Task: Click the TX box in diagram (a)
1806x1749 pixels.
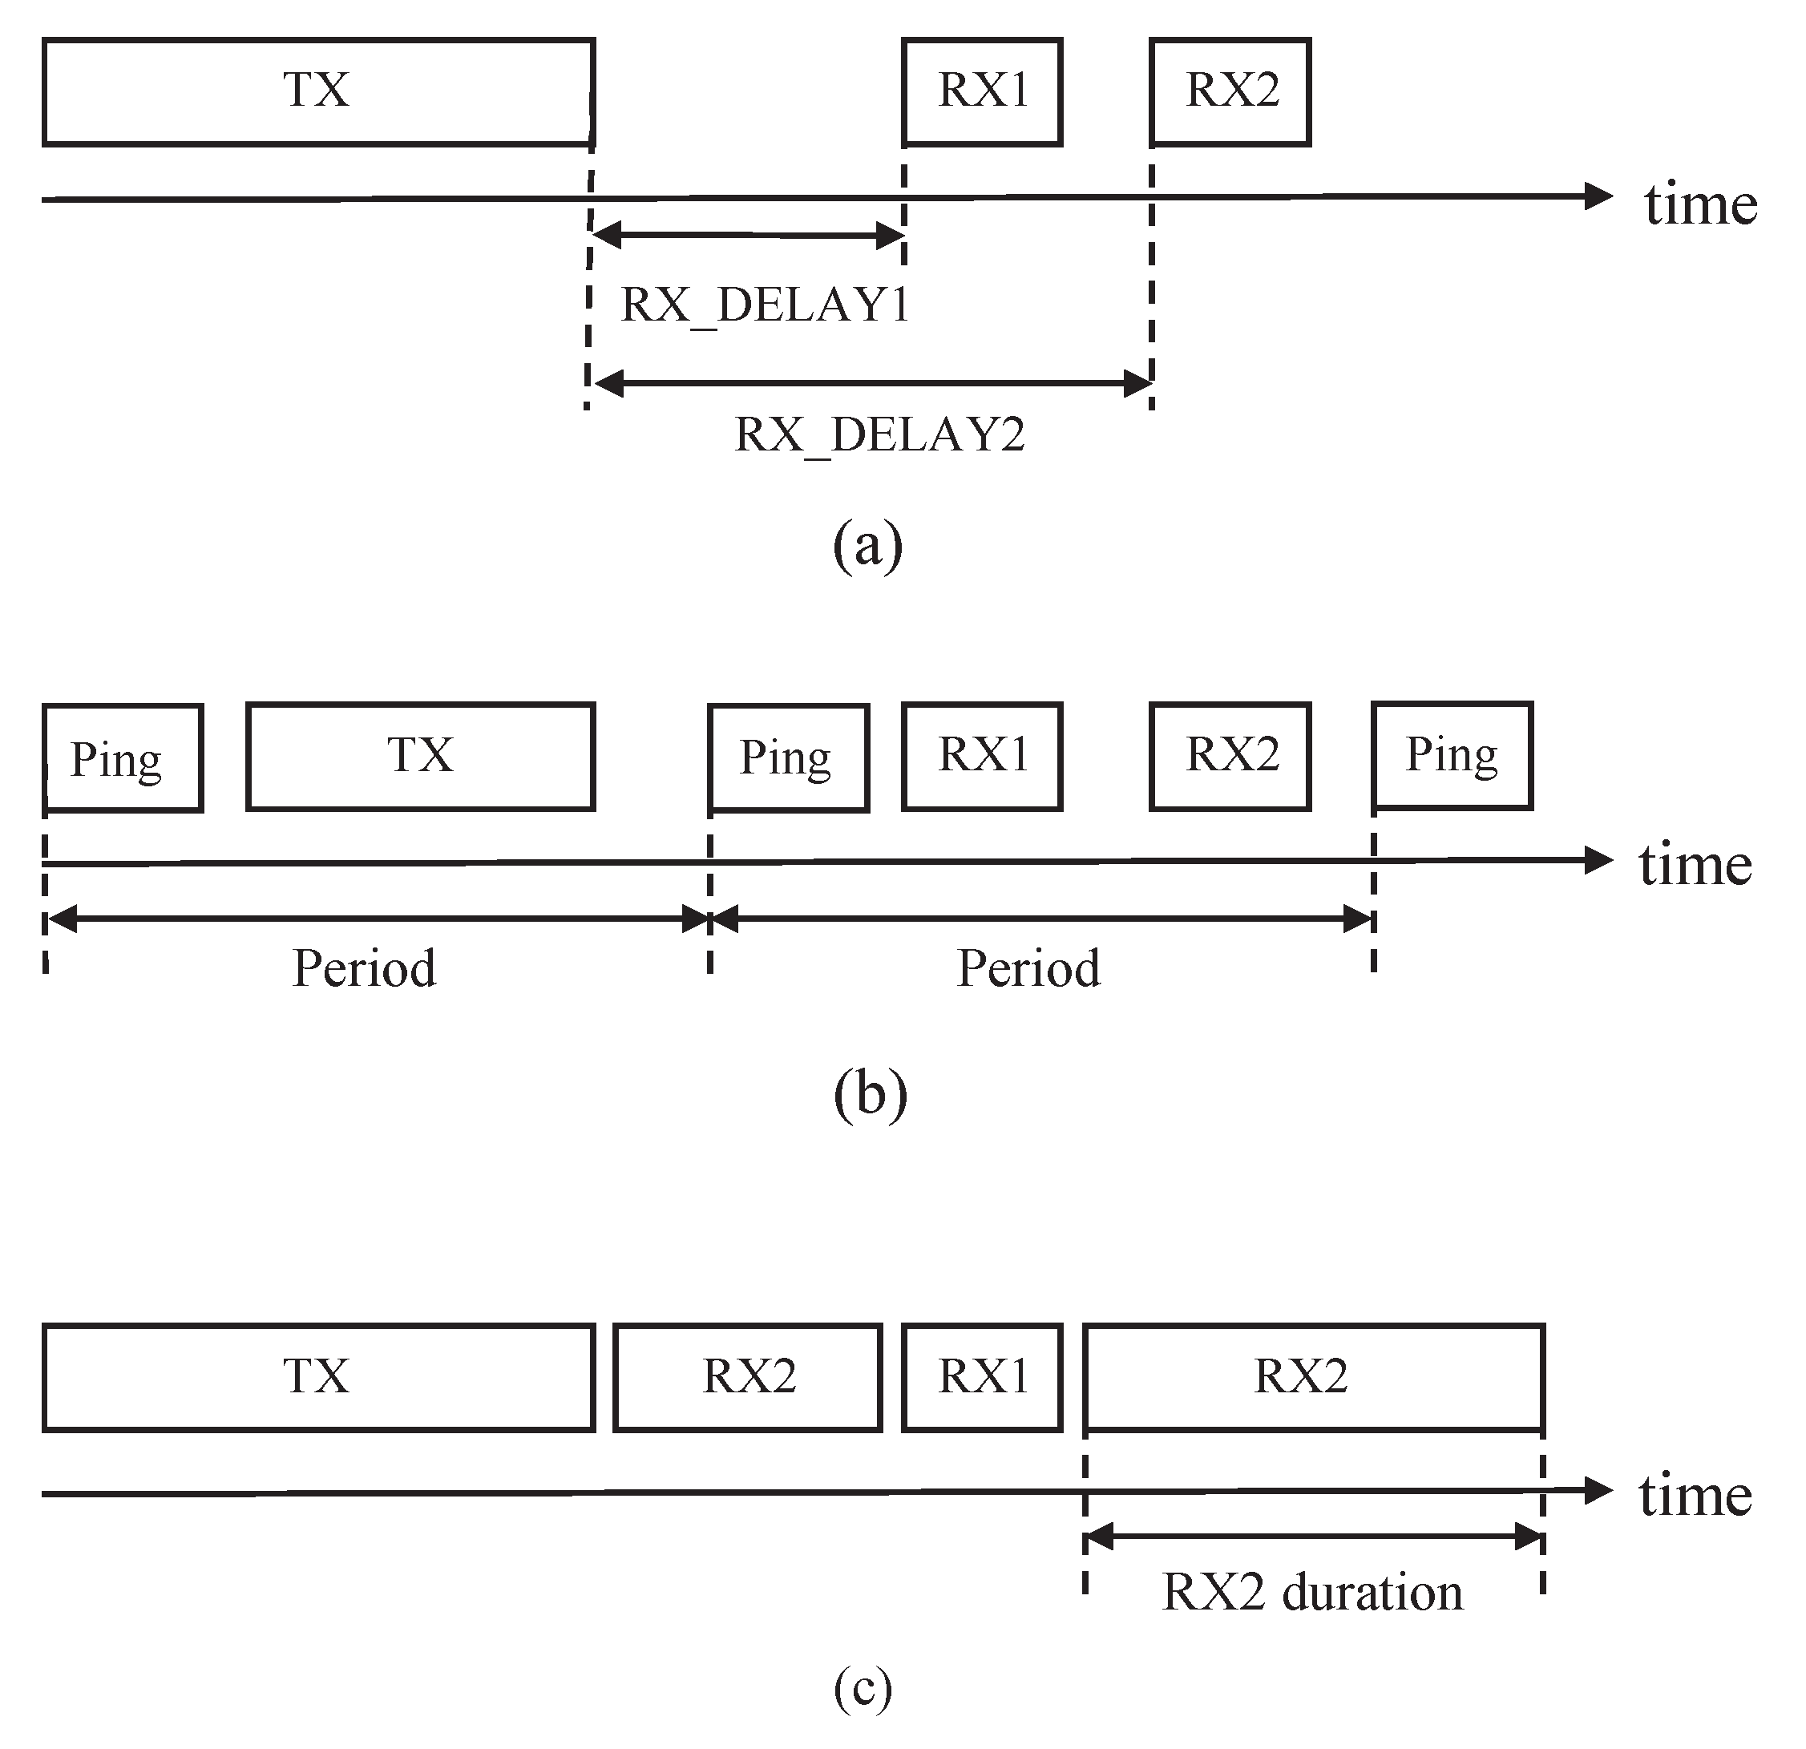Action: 318,92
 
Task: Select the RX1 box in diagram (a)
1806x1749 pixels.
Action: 982,92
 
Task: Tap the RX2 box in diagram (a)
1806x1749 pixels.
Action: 1230,92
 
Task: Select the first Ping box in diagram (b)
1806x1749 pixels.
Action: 123,758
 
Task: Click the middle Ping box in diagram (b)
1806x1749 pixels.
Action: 788,758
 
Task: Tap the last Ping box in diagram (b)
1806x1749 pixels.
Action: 1452,756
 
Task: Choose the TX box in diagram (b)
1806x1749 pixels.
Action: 420,757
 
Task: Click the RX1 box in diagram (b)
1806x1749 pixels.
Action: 982,757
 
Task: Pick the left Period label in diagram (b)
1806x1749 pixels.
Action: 364,968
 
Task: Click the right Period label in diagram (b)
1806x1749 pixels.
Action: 1028,968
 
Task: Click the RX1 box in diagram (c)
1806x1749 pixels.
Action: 982,1378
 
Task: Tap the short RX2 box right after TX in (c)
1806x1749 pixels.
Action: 748,1378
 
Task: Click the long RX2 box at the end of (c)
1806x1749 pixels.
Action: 1313,1378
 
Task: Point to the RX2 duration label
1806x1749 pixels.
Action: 1312,1593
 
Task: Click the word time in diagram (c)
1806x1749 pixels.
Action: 1695,1495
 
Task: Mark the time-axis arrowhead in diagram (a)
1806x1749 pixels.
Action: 1598,196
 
